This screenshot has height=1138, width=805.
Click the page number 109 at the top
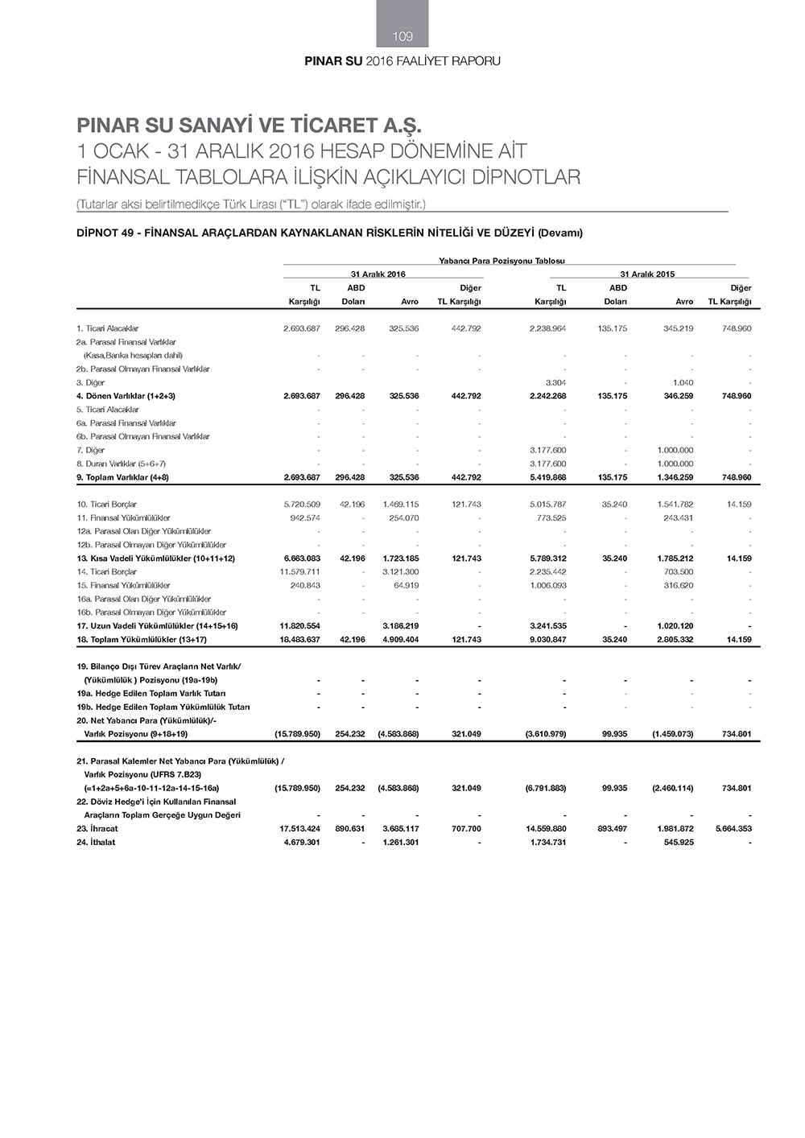[x=402, y=36]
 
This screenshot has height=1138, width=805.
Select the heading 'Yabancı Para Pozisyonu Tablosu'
[x=502, y=261]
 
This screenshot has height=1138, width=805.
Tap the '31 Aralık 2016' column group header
[x=378, y=274]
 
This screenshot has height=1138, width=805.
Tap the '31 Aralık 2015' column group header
[x=647, y=274]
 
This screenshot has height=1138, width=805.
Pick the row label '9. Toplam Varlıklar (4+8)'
[x=122, y=477]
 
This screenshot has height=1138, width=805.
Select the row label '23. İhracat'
[x=97, y=828]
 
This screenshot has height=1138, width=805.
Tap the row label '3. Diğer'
[x=91, y=382]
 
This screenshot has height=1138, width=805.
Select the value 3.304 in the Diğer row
[x=555, y=382]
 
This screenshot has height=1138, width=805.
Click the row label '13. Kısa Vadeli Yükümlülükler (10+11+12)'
[x=155, y=559]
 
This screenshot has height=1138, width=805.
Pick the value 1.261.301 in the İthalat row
[x=401, y=842]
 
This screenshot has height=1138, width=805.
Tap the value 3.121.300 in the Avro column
[x=401, y=572]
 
